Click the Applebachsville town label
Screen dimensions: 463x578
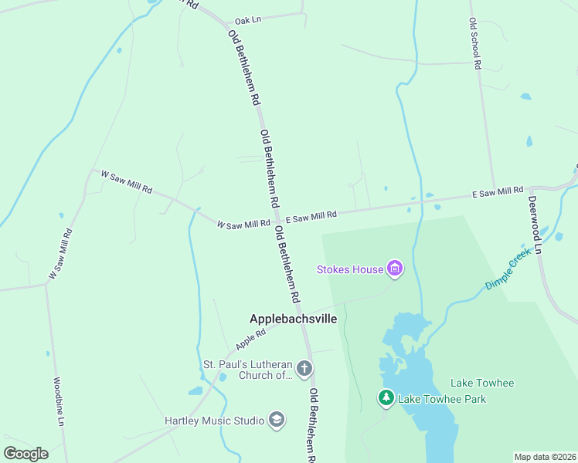click(x=293, y=318)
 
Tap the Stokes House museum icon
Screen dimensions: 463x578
click(x=395, y=269)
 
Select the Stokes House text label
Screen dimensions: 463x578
click(x=350, y=269)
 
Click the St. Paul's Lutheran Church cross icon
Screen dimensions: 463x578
click(x=304, y=368)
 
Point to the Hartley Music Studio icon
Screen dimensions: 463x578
click(x=276, y=420)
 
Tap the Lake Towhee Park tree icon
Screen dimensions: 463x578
click(x=386, y=398)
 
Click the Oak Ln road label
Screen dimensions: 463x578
click(x=248, y=20)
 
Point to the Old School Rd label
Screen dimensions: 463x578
click(x=475, y=46)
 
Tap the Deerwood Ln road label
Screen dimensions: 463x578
click(x=535, y=224)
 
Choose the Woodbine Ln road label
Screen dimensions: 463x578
click(x=59, y=401)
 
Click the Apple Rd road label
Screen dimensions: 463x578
click(x=251, y=337)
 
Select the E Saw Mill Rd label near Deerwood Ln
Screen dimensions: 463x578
click(x=498, y=193)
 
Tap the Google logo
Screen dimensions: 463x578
click(x=25, y=453)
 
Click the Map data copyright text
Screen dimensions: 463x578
click(x=546, y=457)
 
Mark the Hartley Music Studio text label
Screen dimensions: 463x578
click(x=214, y=421)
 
